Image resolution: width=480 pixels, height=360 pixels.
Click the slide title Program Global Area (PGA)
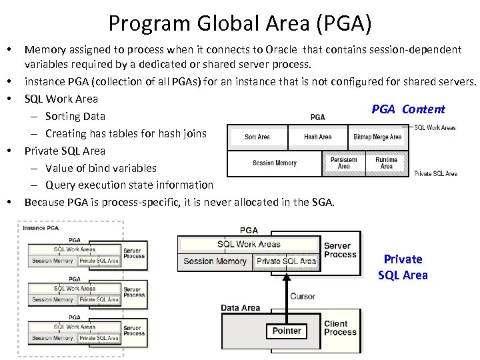click(240, 23)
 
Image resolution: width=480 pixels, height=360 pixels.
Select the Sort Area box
click(257, 137)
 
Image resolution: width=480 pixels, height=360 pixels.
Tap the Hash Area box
click(317, 137)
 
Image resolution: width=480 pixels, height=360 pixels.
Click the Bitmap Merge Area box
click(377, 137)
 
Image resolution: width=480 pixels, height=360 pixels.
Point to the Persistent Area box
click(343, 163)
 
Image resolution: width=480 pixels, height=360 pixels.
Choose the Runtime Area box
click(386, 163)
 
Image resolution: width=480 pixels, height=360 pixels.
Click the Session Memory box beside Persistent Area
click(275, 163)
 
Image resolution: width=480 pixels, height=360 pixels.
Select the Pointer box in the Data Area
click(287, 331)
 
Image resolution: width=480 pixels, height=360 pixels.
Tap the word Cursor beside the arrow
click(303, 297)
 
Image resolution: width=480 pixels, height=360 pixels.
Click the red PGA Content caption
click(408, 109)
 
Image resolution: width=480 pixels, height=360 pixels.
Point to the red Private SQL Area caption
click(403, 267)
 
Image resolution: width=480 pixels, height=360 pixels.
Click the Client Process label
click(340, 328)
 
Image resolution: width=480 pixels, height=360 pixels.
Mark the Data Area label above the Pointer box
click(241, 308)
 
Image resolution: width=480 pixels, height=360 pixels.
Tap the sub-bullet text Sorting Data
click(75, 116)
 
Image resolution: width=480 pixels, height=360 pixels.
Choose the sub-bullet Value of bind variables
click(101, 168)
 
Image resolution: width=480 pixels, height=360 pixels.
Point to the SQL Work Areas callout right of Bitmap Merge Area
click(435, 127)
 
